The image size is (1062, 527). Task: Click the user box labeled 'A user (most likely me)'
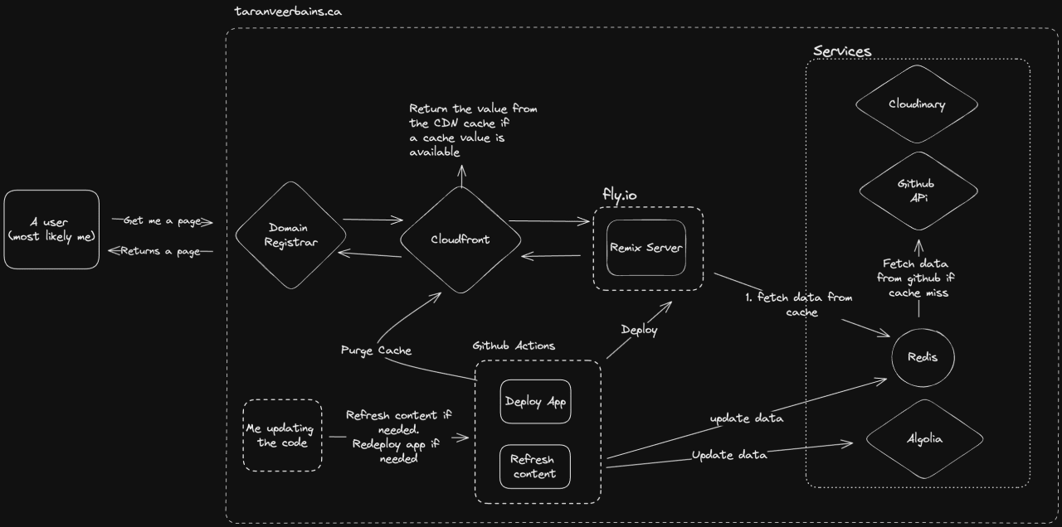pos(51,230)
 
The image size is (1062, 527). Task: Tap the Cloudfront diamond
pos(460,239)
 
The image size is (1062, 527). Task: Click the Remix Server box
pos(646,248)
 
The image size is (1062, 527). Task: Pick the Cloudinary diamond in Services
pos(917,104)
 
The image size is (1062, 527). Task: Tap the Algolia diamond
pos(923,439)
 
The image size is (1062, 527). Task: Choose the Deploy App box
pos(536,402)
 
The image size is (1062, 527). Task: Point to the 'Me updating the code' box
pos(282,436)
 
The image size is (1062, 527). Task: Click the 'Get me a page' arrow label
pos(162,221)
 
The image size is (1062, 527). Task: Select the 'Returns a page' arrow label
pos(162,251)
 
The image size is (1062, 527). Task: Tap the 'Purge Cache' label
pos(376,350)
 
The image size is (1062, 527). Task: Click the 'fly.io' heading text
pos(620,195)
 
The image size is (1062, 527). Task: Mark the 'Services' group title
pos(842,51)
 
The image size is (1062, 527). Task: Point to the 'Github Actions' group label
pos(514,345)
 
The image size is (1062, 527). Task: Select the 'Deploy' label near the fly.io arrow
pos(639,330)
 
